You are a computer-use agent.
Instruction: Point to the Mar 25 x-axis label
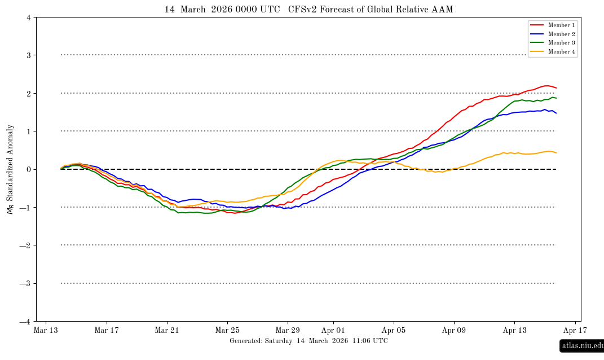tap(227, 330)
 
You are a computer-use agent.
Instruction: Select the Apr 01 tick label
tap(333, 330)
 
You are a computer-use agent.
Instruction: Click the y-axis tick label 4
tap(29, 17)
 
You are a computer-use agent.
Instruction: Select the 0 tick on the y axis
tap(29, 169)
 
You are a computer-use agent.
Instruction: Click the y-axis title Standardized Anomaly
tap(10, 169)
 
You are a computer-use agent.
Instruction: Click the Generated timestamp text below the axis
tap(308, 341)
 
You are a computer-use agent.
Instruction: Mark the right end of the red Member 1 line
tap(556, 87)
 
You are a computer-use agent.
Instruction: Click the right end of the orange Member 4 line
tap(556, 152)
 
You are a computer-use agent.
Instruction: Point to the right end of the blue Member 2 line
tap(556, 113)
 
